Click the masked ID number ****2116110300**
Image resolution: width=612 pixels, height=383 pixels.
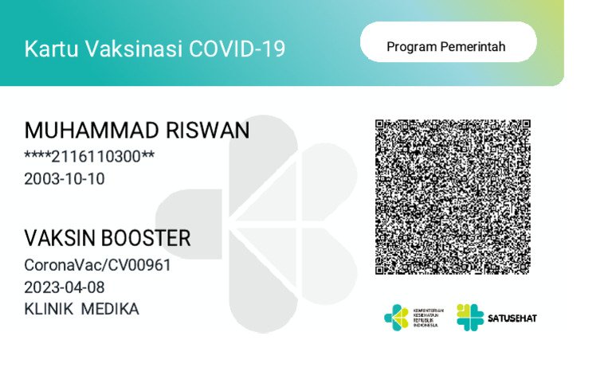[89, 156]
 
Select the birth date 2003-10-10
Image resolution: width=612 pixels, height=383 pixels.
[65, 179]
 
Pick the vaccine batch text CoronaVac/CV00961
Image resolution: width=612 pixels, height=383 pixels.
[98, 265]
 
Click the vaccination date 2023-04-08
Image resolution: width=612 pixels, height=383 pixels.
[65, 287]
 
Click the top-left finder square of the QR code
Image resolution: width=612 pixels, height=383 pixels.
[381, 125]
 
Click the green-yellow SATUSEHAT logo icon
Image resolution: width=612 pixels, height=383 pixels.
[470, 318]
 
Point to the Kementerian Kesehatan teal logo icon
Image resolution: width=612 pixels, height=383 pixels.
[396, 318]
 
